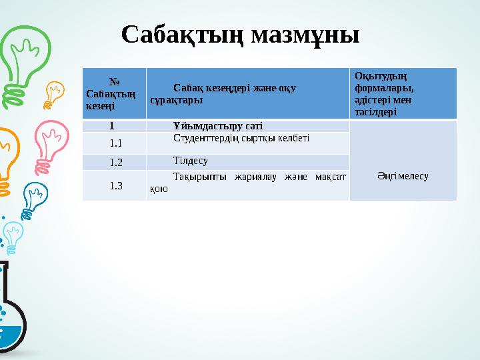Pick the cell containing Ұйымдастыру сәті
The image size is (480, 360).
[x=217, y=125]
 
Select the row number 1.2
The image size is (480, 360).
[x=115, y=162]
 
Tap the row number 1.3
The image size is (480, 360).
[x=115, y=185]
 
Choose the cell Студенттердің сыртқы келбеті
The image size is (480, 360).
[x=241, y=138]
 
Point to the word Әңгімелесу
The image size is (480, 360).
[x=403, y=176]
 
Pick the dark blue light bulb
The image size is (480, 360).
[x=35, y=196]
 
